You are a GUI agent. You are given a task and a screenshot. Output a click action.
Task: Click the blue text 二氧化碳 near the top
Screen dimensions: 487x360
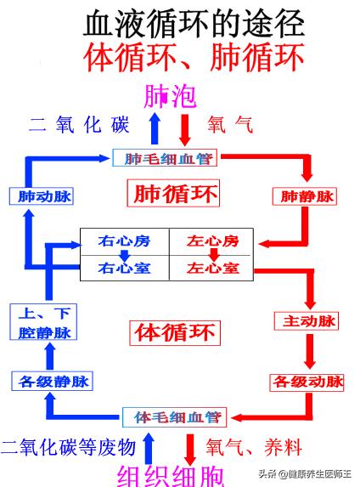coord(78,125)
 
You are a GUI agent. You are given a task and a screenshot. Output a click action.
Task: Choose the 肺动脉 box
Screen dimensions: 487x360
coord(41,196)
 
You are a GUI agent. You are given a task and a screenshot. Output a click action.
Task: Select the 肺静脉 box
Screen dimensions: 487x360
coord(306,196)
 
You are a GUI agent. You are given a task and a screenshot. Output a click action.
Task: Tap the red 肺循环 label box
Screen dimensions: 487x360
coord(172,194)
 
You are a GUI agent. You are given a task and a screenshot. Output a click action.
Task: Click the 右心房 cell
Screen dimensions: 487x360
coord(125,241)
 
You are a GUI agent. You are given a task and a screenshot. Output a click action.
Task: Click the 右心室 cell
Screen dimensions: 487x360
coord(125,268)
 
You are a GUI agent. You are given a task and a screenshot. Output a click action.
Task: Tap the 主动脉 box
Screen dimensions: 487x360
coord(307,321)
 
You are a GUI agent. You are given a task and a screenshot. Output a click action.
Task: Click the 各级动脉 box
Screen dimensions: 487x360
coord(307,382)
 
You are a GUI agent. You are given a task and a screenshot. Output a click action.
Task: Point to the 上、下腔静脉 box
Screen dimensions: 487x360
coord(40,322)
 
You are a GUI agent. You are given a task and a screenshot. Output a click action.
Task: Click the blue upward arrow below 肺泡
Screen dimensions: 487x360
coord(154,129)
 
